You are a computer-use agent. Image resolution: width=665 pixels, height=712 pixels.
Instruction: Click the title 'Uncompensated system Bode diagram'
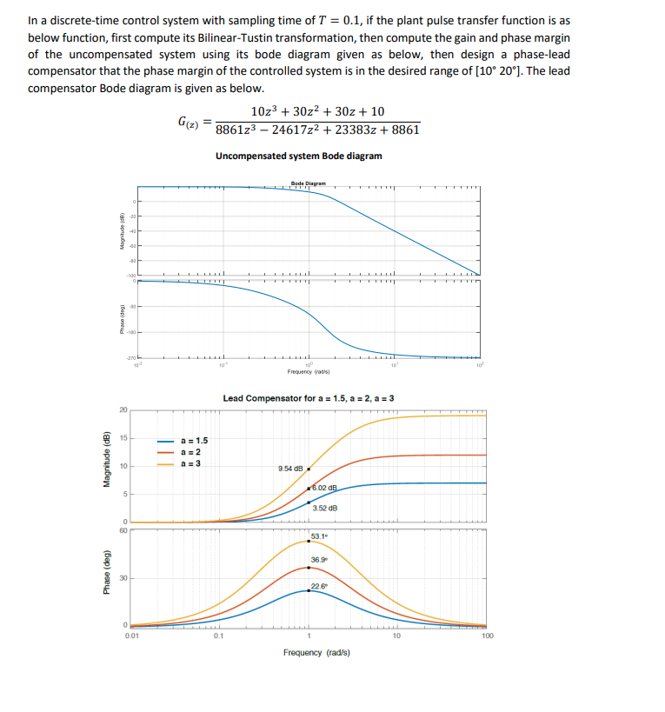click(x=298, y=156)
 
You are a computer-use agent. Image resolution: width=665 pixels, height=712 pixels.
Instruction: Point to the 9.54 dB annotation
click(x=289, y=469)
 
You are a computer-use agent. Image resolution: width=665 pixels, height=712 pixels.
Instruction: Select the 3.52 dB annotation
click(x=324, y=508)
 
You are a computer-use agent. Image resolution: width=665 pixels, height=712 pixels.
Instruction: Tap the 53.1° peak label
click(x=319, y=536)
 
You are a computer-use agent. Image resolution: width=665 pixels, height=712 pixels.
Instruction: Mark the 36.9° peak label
click(x=320, y=560)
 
